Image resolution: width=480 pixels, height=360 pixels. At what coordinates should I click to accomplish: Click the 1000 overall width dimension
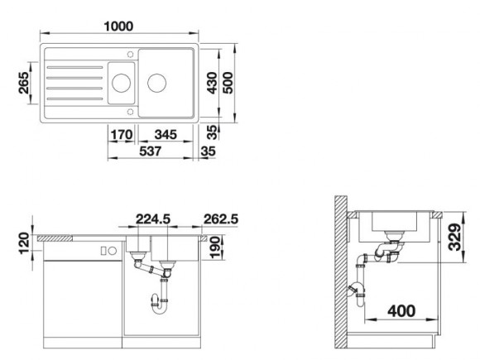point(119,26)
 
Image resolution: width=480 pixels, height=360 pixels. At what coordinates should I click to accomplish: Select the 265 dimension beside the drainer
point(23,83)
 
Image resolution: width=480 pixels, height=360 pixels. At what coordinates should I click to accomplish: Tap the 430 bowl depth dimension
point(212,83)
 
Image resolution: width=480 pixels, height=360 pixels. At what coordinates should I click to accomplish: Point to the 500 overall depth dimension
point(228,83)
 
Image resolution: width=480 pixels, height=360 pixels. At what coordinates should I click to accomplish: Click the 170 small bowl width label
point(122,135)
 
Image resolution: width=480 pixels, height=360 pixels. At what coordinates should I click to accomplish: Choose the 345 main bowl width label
point(166,135)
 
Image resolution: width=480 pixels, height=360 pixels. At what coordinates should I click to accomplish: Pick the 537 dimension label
point(150,151)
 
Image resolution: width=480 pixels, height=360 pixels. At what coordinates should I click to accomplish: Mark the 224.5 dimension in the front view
point(153,219)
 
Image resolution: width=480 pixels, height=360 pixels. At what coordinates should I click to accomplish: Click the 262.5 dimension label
point(221,219)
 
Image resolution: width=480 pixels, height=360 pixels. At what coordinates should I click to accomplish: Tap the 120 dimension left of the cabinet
point(24,243)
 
